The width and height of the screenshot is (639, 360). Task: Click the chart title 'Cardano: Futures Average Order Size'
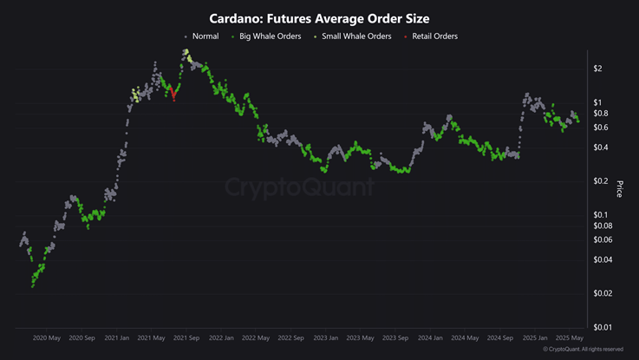click(319, 18)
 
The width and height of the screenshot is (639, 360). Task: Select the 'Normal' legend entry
click(205, 36)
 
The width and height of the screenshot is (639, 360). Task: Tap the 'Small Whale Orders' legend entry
click(355, 36)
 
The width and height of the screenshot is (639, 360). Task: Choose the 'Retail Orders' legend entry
click(434, 36)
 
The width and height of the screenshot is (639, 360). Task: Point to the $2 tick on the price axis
click(598, 69)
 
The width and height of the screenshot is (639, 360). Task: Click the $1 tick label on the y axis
click(598, 102)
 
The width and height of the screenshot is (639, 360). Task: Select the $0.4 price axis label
click(601, 147)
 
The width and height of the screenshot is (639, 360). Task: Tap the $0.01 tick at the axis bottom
click(603, 327)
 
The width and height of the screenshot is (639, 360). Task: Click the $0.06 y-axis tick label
click(603, 240)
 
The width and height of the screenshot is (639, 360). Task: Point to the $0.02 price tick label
click(603, 293)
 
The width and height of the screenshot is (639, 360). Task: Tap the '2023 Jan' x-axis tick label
click(326, 337)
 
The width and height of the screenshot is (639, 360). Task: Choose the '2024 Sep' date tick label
click(501, 337)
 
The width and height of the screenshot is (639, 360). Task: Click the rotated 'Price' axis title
click(619, 188)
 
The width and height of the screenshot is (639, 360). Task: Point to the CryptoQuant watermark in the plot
click(299, 187)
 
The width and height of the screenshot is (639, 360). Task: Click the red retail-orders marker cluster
click(173, 92)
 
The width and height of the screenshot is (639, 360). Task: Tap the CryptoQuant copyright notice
click(583, 350)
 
